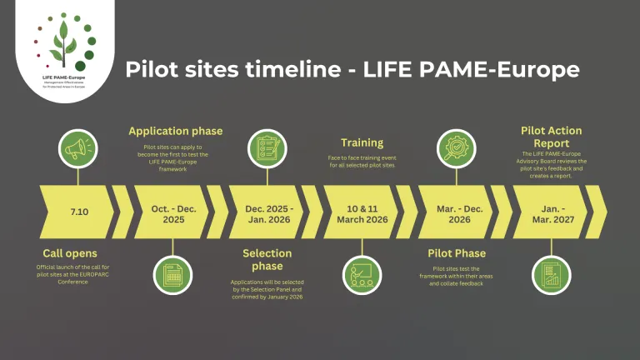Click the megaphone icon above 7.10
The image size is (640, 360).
click(78, 148)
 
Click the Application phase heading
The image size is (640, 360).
click(175, 131)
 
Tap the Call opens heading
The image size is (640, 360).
click(71, 252)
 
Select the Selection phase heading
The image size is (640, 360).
click(267, 259)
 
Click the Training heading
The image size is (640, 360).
click(362, 142)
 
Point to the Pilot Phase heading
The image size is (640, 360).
click(457, 252)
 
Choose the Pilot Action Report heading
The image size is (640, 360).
click(551, 136)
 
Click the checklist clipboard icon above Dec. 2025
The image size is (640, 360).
click(267, 148)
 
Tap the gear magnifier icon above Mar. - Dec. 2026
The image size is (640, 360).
click(457, 148)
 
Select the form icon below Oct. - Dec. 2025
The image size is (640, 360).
click(172, 273)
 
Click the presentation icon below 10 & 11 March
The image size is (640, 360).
click(362, 273)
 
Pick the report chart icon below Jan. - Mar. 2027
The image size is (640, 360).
click(551, 273)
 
